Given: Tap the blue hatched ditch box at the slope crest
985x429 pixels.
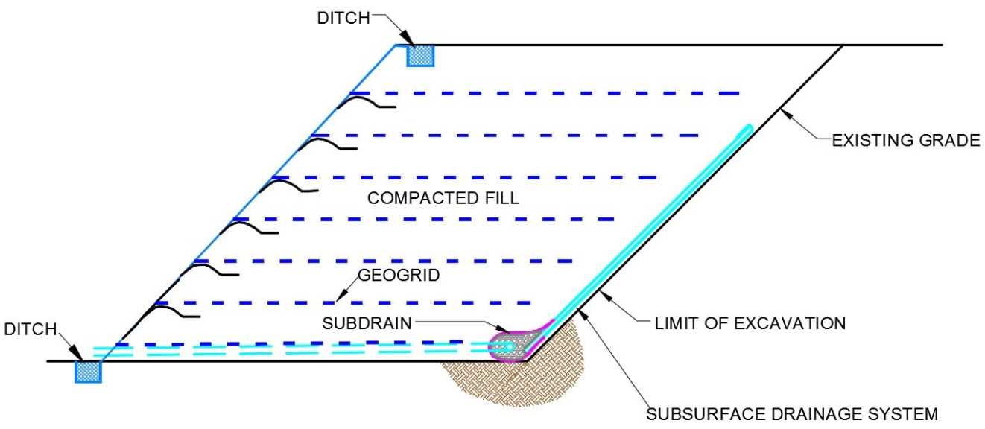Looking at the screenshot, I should pos(419,55).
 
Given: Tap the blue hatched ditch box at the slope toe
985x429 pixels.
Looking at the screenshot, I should pos(88,371).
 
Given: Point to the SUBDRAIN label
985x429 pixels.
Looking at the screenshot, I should pos(369,325).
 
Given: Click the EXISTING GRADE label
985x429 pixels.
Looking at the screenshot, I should pos(906,140).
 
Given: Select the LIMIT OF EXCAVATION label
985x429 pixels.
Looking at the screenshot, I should pos(750,323).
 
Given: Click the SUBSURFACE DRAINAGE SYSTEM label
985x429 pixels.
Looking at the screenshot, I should pos(791,414).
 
